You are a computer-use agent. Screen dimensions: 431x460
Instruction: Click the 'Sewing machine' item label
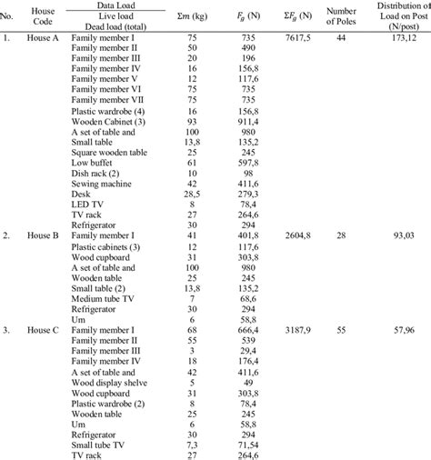[101, 182]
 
